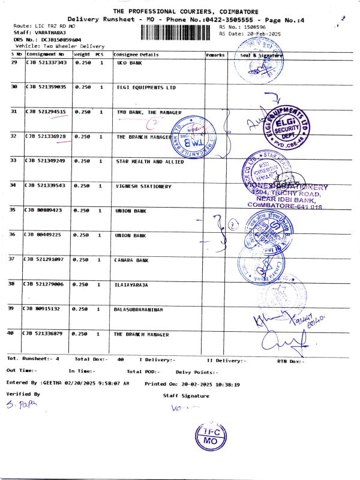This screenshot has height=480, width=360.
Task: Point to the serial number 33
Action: point(14,161)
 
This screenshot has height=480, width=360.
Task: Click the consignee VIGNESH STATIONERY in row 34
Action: point(143,186)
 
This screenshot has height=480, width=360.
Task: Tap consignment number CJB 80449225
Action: point(43,235)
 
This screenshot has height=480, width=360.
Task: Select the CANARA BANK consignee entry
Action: point(131,260)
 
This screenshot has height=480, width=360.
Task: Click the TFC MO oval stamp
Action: point(211,436)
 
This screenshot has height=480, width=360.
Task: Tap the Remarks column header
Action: point(215,55)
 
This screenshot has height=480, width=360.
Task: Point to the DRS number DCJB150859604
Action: point(53,40)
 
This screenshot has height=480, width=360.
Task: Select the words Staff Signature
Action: point(186,396)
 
